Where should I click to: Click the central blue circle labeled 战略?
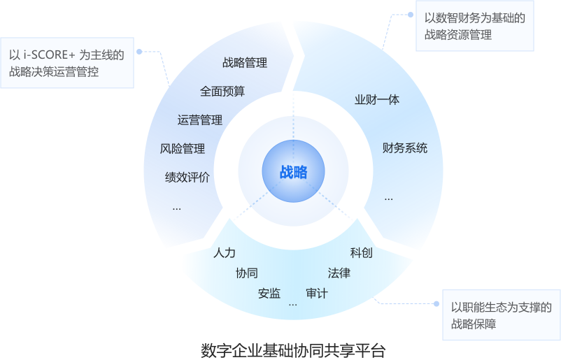pyautogui.click(x=294, y=173)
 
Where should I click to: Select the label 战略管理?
pyautogui.click(x=245, y=63)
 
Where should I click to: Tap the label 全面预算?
pyautogui.click(x=222, y=91)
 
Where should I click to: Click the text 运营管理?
pyautogui.click(x=200, y=120)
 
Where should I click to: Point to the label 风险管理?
pyautogui.click(x=183, y=149)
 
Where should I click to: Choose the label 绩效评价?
pyautogui.click(x=187, y=178)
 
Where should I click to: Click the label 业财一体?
pyautogui.click(x=377, y=100)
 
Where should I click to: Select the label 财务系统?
pyautogui.click(x=405, y=148)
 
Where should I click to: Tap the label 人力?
pyautogui.click(x=225, y=253)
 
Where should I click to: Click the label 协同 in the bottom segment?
pyautogui.click(x=247, y=273)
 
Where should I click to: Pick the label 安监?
pyautogui.click(x=269, y=294)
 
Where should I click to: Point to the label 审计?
pyautogui.click(x=316, y=294)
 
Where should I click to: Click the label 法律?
pyautogui.click(x=339, y=273)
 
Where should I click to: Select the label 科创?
pyautogui.click(x=361, y=253)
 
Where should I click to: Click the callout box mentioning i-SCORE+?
pyautogui.click(x=66, y=63)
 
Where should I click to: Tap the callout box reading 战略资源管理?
pyautogui.click(x=474, y=26)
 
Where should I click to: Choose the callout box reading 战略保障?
pyautogui.click(x=501, y=315)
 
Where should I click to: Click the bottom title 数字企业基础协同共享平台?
pyautogui.click(x=294, y=349)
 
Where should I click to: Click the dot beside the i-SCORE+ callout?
pyautogui.click(x=139, y=52)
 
